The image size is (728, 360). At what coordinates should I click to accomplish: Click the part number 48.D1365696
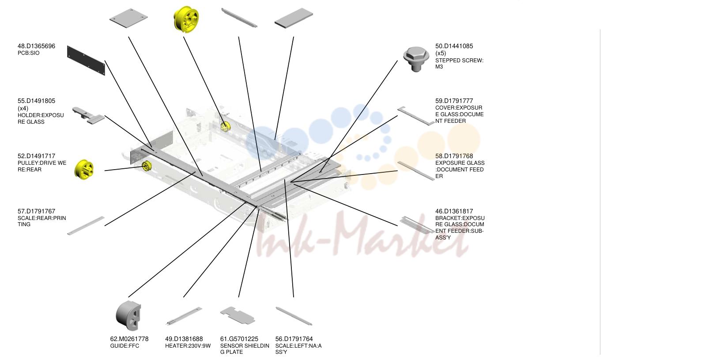36,46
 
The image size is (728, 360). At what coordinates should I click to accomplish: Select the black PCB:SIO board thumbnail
86,61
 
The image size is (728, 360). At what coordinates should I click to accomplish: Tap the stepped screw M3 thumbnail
416,59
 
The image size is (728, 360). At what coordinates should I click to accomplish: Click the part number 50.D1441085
454,46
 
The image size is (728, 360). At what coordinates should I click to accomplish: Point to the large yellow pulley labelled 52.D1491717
84,170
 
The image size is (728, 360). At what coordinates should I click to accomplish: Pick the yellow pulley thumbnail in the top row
186,19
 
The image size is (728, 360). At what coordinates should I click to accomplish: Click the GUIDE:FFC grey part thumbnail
128,315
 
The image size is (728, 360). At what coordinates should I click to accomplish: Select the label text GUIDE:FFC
124,346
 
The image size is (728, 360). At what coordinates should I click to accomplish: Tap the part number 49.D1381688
184,339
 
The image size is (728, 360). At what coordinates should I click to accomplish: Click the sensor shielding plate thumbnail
238,315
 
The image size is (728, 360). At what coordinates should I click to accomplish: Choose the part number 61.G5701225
239,339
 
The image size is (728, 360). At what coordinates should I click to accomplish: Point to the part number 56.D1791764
294,339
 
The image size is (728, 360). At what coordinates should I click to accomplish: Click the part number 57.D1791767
36,212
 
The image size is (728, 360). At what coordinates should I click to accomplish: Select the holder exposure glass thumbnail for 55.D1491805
88,116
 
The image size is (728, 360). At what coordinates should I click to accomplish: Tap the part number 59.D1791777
454,101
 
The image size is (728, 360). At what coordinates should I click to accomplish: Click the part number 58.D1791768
454,156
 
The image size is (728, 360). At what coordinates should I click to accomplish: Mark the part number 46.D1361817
454,212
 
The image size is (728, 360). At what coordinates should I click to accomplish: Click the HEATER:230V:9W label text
188,346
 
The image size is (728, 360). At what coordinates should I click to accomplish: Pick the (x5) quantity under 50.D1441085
441,53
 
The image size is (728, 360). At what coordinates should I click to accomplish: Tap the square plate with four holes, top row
129,18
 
